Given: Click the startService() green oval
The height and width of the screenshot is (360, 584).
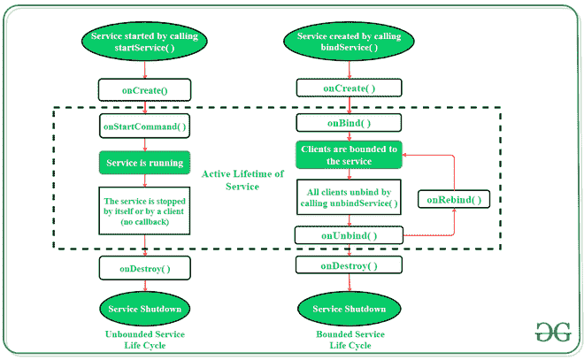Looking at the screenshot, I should tap(145, 41).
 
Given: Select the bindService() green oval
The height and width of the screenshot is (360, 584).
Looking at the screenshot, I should tap(349, 41).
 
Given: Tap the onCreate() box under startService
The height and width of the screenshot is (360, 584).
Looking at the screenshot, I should tap(145, 89).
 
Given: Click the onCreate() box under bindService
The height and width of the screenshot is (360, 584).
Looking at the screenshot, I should tap(349, 88).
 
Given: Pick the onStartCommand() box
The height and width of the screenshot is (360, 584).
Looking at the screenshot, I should tap(145, 127).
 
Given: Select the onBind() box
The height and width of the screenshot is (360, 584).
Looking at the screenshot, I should tap(349, 124).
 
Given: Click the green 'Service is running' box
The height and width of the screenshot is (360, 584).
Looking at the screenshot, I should tap(145, 163).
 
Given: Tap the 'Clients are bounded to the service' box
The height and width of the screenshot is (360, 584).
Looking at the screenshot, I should tap(349, 156).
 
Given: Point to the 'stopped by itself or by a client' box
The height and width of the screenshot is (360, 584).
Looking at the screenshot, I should tap(145, 211).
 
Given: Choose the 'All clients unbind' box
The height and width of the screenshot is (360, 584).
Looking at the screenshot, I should tap(349, 197).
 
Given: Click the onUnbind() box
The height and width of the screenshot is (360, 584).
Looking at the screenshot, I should tap(349, 235).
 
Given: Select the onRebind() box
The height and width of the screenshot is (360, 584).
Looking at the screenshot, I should tap(453, 200).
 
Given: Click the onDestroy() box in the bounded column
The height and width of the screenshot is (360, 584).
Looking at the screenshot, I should tap(349, 265).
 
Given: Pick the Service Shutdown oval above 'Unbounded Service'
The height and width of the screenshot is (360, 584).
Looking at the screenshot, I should tap(145, 309).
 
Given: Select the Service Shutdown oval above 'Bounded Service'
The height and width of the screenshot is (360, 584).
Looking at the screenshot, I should tap(349, 309).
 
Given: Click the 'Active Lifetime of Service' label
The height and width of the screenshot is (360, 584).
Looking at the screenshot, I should tap(242, 180).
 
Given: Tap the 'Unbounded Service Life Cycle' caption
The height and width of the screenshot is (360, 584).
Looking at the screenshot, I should tap(145, 341).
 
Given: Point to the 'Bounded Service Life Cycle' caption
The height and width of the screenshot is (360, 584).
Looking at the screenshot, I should tap(349, 341).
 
